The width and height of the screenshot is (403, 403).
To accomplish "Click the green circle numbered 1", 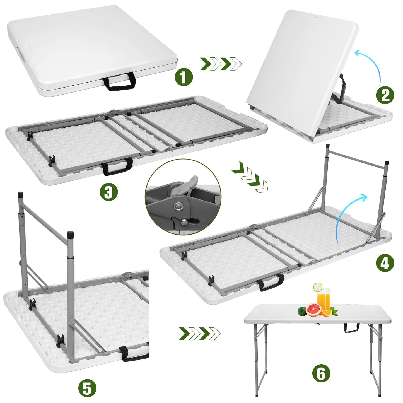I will tap(184, 77).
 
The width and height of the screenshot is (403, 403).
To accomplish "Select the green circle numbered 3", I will tap(109, 192).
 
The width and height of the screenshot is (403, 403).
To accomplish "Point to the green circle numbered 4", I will tap(385, 263).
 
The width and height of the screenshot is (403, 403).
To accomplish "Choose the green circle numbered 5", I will tap(87, 388).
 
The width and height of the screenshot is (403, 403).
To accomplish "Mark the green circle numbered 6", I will tap(321, 373).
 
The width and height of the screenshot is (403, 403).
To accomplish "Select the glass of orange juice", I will tap(324, 301).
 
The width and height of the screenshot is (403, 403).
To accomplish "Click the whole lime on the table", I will tap(302, 311).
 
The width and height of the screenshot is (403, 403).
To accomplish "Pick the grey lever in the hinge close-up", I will tap(186, 185).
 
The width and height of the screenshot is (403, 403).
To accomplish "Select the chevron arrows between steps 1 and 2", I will tap(221, 64).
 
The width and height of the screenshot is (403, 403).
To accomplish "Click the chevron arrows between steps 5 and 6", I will tap(199, 333).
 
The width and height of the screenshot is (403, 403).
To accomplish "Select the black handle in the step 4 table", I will tap(270, 282).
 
